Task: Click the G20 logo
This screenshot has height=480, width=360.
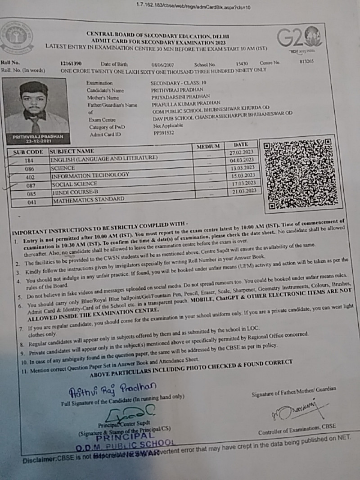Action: pos(299,39)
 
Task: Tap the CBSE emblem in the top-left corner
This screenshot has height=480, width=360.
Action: pos(17,38)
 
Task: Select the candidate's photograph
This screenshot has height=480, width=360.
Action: pos(35,109)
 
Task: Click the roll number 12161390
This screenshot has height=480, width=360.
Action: pos(71,63)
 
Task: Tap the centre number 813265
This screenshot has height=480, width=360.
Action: pos(306,62)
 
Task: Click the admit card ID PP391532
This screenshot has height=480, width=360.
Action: pos(163,133)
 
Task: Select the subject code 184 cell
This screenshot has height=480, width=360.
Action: pos(29,161)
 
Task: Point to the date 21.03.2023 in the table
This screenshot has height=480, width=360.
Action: pos(244,191)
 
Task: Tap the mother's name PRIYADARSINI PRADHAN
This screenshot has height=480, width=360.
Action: pos(180,96)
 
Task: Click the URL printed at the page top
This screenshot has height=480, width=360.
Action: pos(193,7)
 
